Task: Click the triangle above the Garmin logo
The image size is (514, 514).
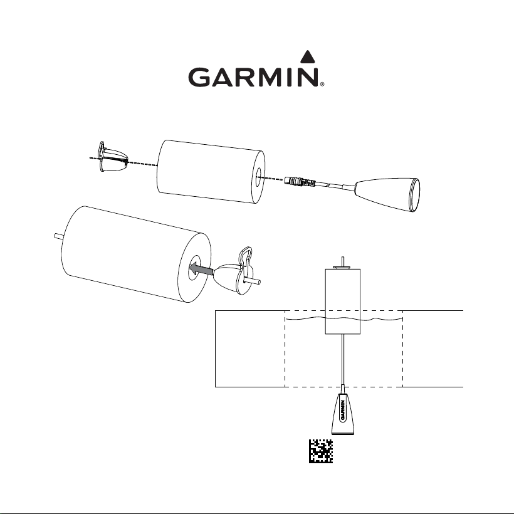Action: pyautogui.click(x=308, y=57)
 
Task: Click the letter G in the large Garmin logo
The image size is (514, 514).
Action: pyautogui.click(x=199, y=77)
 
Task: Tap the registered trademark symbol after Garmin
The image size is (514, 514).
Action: pyautogui.click(x=322, y=84)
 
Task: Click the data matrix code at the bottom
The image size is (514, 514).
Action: pyautogui.click(x=321, y=451)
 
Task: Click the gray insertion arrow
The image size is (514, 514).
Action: pyautogui.click(x=201, y=269)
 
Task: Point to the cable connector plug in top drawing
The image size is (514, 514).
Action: pyautogui.click(x=300, y=182)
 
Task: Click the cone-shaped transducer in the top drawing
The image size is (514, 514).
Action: pyautogui.click(x=387, y=194)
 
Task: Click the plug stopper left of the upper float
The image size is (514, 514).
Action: pyautogui.click(x=113, y=157)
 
